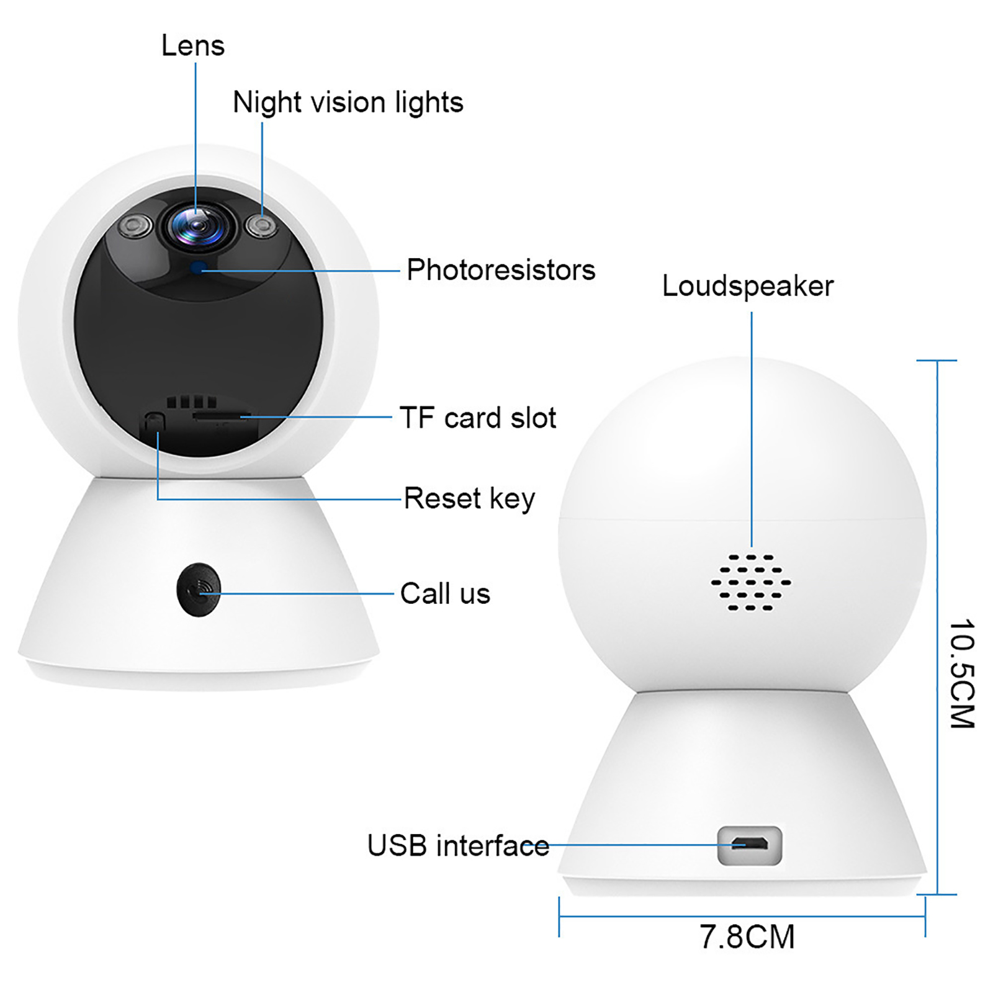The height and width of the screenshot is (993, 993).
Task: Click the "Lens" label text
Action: click(x=193, y=45)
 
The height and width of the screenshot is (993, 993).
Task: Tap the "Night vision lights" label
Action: click(x=348, y=102)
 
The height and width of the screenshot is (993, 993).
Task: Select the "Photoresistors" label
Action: click(x=501, y=270)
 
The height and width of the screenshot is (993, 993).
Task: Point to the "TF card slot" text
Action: click(x=478, y=417)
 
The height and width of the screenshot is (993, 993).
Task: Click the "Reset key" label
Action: click(x=469, y=498)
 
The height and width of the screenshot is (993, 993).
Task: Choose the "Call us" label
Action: click(x=445, y=593)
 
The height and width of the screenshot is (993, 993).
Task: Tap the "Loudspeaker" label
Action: click(x=748, y=286)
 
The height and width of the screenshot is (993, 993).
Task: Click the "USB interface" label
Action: click(x=458, y=845)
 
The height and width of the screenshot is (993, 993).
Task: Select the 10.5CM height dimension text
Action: click(x=962, y=673)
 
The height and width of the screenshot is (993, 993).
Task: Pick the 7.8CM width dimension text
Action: click(x=747, y=937)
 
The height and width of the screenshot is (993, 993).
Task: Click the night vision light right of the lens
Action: click(x=261, y=225)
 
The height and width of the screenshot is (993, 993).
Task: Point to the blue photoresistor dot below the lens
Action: click(x=199, y=268)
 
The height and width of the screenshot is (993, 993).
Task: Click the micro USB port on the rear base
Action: click(x=750, y=845)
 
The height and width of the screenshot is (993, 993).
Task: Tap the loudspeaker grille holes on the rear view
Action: click(x=751, y=582)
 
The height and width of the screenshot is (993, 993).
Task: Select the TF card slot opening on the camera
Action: click(x=222, y=415)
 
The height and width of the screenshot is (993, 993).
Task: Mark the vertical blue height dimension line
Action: click(x=937, y=627)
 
